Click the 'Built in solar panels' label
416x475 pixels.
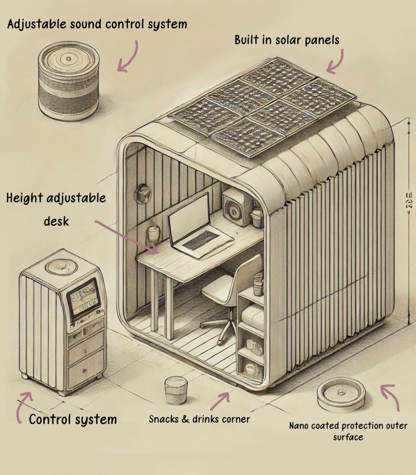tap(286, 40)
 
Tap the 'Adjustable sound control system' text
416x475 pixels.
tap(97, 24)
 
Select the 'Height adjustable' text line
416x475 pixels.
tap(56, 199)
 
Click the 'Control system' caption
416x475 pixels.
tap(73, 420)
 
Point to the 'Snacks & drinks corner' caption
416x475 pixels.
tap(199, 419)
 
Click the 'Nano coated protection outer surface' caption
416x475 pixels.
tap(348, 431)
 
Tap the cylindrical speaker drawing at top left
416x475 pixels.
tap(69, 86)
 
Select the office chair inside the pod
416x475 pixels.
tap(227, 297)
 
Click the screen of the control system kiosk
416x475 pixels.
tap(83, 299)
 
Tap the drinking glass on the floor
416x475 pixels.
tap(176, 390)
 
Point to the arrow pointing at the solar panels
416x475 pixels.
tap(336, 61)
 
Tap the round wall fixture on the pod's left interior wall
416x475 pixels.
tap(143, 194)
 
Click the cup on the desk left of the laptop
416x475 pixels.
tap(154, 234)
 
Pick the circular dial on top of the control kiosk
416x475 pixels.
tap(61, 266)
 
